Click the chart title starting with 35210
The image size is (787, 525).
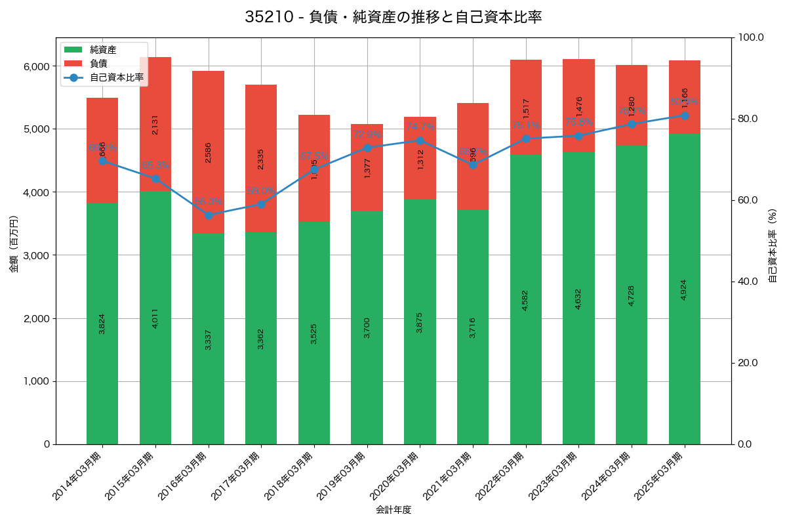tap(393, 17)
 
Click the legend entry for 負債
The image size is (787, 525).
tap(99, 63)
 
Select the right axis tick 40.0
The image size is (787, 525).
tap(747, 282)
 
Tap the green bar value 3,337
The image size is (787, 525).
tap(208, 339)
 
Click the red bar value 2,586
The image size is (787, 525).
tap(208, 152)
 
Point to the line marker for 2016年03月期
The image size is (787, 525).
tap(209, 215)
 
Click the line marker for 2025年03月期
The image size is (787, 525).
tap(685, 115)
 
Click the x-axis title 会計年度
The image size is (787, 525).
tap(393, 510)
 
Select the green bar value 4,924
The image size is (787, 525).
tap(685, 289)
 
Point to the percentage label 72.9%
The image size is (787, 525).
tap(367, 135)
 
